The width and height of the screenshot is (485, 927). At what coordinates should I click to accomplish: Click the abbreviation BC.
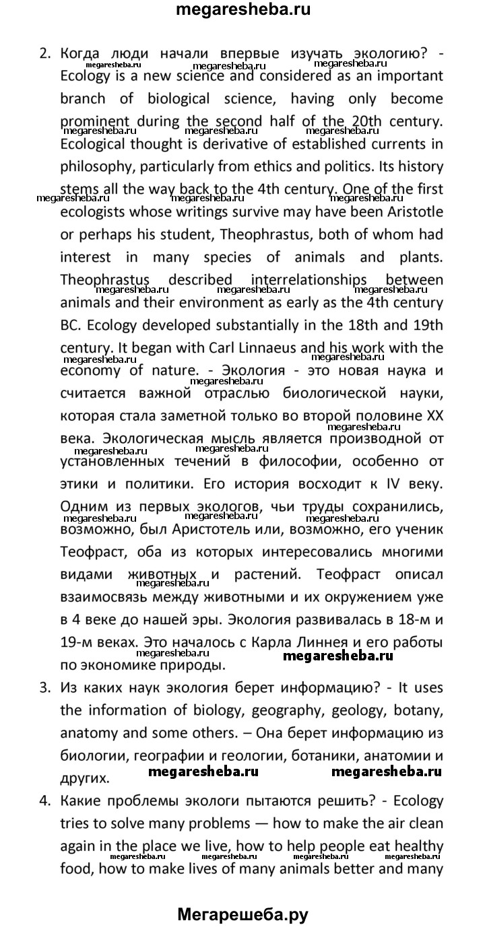tap(70, 325)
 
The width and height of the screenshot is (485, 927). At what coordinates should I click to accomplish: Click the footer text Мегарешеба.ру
tap(243, 914)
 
